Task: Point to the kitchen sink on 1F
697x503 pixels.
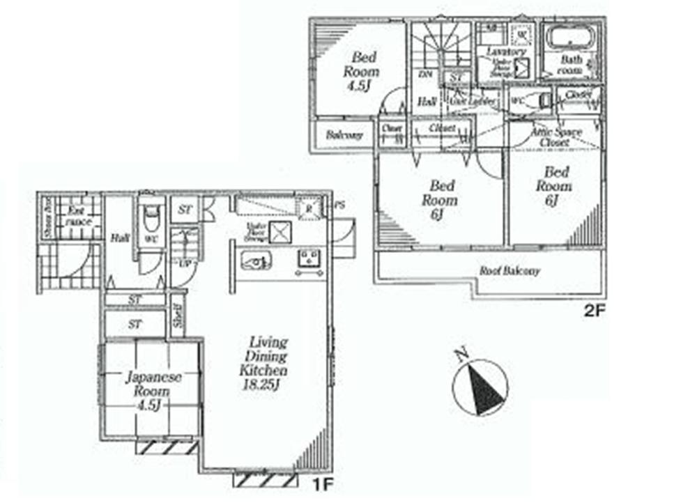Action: tap(256, 261)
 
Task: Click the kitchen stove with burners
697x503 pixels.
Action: tap(308, 259)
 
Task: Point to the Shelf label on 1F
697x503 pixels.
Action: tap(178, 314)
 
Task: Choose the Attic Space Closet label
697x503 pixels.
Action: tap(556, 137)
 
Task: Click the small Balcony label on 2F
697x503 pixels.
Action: tap(344, 135)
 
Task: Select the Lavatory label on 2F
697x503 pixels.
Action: tap(506, 52)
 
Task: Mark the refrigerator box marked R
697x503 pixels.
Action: tap(305, 207)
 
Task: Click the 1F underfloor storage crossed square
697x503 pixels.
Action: tap(279, 231)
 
